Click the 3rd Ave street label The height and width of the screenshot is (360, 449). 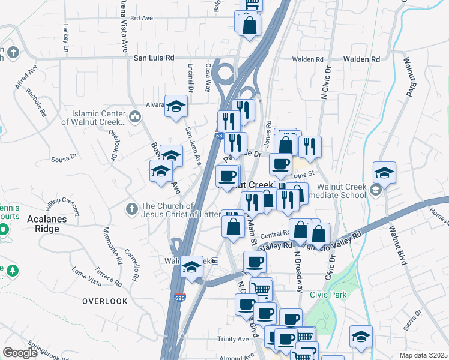[x=142, y=19]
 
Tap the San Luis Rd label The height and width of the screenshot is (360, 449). [x=154, y=58]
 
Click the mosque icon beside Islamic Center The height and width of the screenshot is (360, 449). [x=136, y=116]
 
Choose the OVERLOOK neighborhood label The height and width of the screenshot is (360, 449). [x=105, y=301]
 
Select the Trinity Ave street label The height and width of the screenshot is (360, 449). [x=233, y=339]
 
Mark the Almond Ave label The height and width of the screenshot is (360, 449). [x=238, y=356]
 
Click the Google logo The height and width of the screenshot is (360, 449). [x=20, y=353]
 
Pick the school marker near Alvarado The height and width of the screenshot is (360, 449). [x=176, y=106]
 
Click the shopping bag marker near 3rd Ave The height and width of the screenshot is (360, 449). [x=249, y=25]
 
